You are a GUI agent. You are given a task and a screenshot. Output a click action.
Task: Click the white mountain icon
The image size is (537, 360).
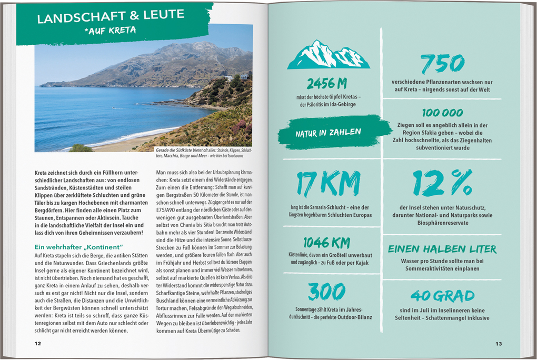point(328,55)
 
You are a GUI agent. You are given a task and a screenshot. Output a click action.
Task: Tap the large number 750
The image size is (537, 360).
point(442,64)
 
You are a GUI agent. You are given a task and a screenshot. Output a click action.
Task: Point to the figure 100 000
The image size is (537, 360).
point(442,113)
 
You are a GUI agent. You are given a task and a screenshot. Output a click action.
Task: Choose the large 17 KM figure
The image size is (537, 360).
point(328,184)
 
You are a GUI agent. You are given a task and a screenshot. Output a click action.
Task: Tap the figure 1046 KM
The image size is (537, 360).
point(326,242)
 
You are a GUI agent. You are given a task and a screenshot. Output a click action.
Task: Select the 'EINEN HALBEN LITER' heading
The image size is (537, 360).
point(442,249)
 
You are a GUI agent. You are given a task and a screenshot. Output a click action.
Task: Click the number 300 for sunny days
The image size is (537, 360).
point(326,292)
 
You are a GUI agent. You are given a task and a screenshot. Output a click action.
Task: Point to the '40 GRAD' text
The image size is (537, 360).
point(442,296)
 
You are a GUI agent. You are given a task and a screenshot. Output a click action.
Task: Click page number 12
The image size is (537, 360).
point(37,344)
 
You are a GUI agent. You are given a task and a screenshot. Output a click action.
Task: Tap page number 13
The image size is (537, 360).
point(498,344)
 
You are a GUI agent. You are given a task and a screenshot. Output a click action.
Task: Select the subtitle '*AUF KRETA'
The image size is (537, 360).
point(110,31)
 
